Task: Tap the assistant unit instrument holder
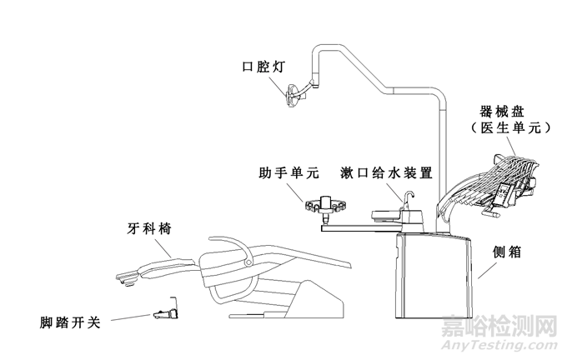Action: [x=324, y=203]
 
